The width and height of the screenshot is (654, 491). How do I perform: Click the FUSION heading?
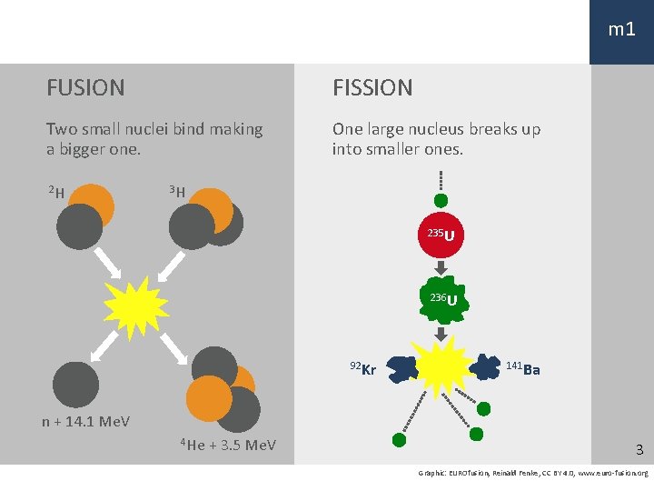85,88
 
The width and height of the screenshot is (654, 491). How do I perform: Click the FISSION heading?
372,88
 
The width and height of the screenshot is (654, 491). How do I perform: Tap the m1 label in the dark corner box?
621,30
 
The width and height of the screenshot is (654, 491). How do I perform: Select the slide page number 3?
639,450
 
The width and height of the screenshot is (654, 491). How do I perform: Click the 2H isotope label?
56,192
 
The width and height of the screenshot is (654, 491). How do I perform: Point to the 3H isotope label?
177,192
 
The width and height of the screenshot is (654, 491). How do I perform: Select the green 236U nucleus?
441,301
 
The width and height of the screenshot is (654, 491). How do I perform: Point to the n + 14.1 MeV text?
85,421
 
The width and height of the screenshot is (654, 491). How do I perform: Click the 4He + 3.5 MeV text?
228,445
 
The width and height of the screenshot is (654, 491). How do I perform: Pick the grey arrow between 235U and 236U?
441,268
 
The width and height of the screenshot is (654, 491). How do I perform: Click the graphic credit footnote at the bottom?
533,473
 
